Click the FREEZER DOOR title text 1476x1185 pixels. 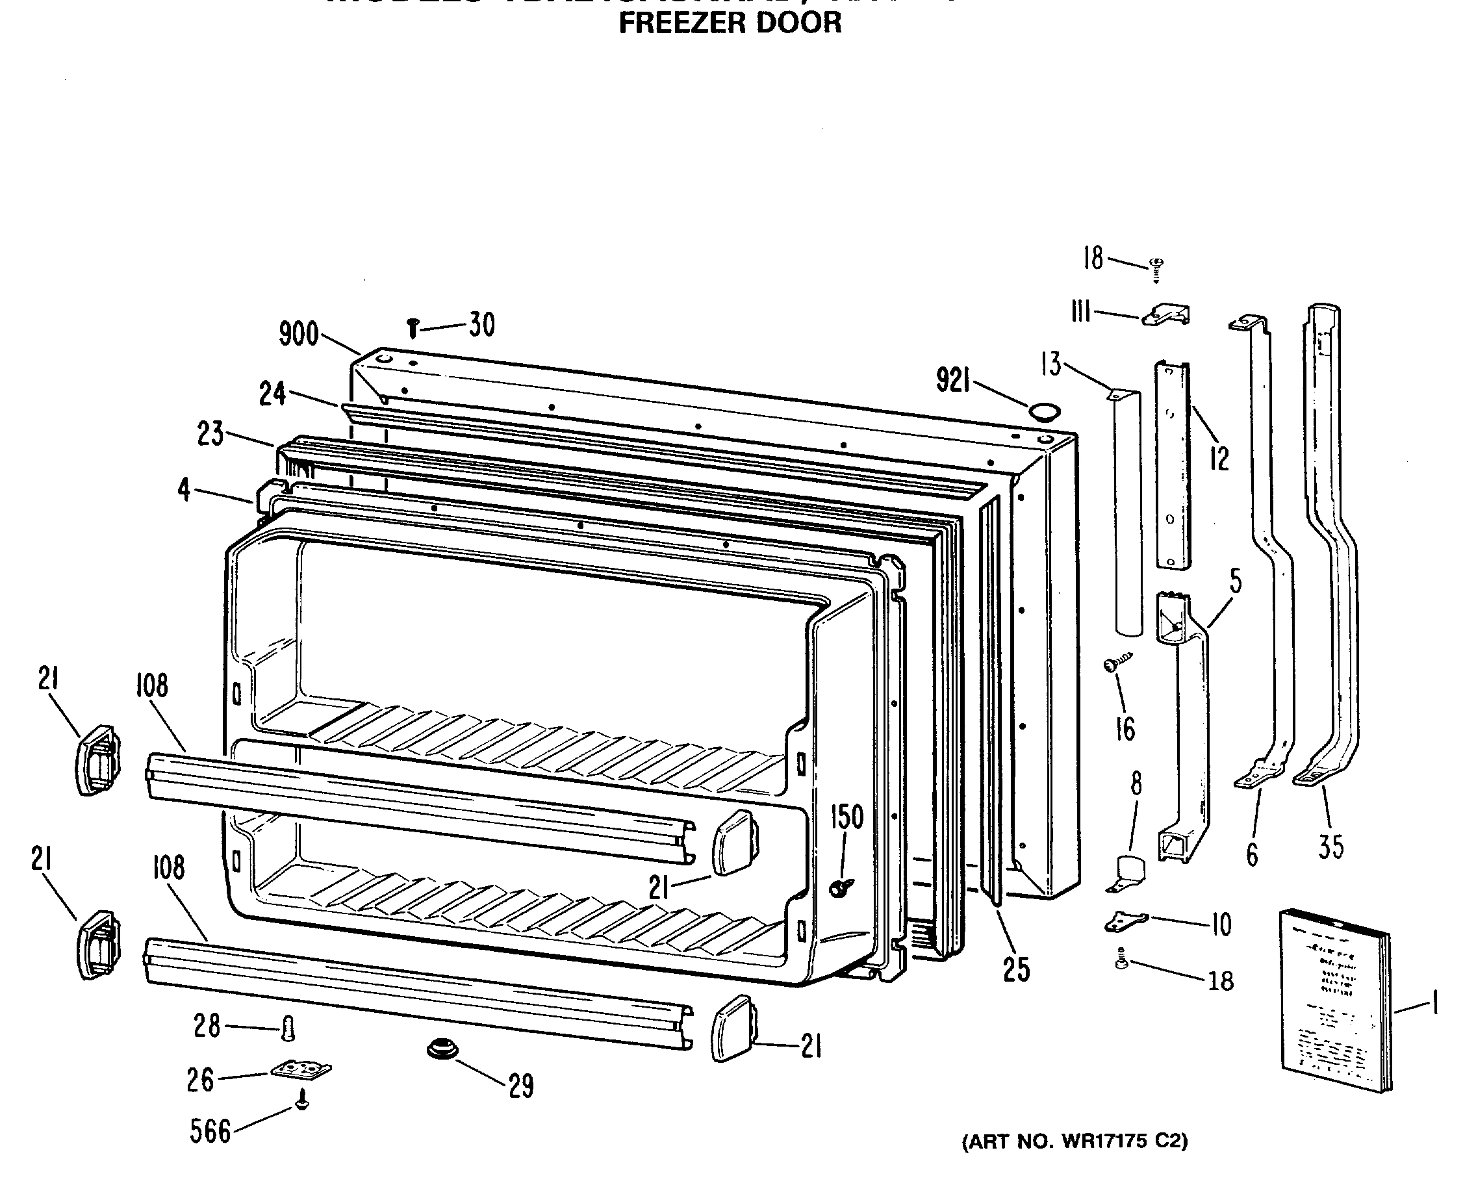point(730,23)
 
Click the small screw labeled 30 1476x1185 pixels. point(413,328)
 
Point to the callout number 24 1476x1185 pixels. point(272,394)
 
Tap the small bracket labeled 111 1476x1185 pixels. point(1166,315)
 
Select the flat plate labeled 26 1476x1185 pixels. point(301,1069)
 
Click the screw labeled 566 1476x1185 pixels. point(301,1102)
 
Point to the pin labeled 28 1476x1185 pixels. point(288,1027)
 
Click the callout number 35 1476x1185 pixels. point(1331,848)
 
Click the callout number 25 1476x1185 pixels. point(1016,970)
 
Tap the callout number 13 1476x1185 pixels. point(1050,364)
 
